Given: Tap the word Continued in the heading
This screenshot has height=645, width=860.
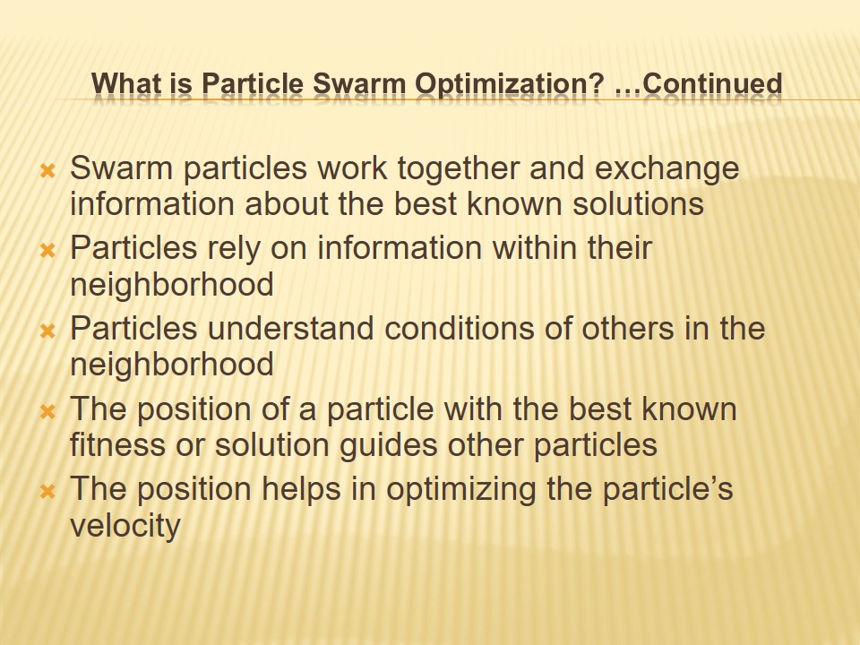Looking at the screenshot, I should [713, 84].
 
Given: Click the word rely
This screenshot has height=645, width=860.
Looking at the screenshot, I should [234, 248].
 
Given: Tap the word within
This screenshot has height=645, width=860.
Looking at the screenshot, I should [516, 248].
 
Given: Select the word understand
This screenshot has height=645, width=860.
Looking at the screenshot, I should [290, 329].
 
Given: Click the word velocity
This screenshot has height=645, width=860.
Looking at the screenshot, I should [125, 526].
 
